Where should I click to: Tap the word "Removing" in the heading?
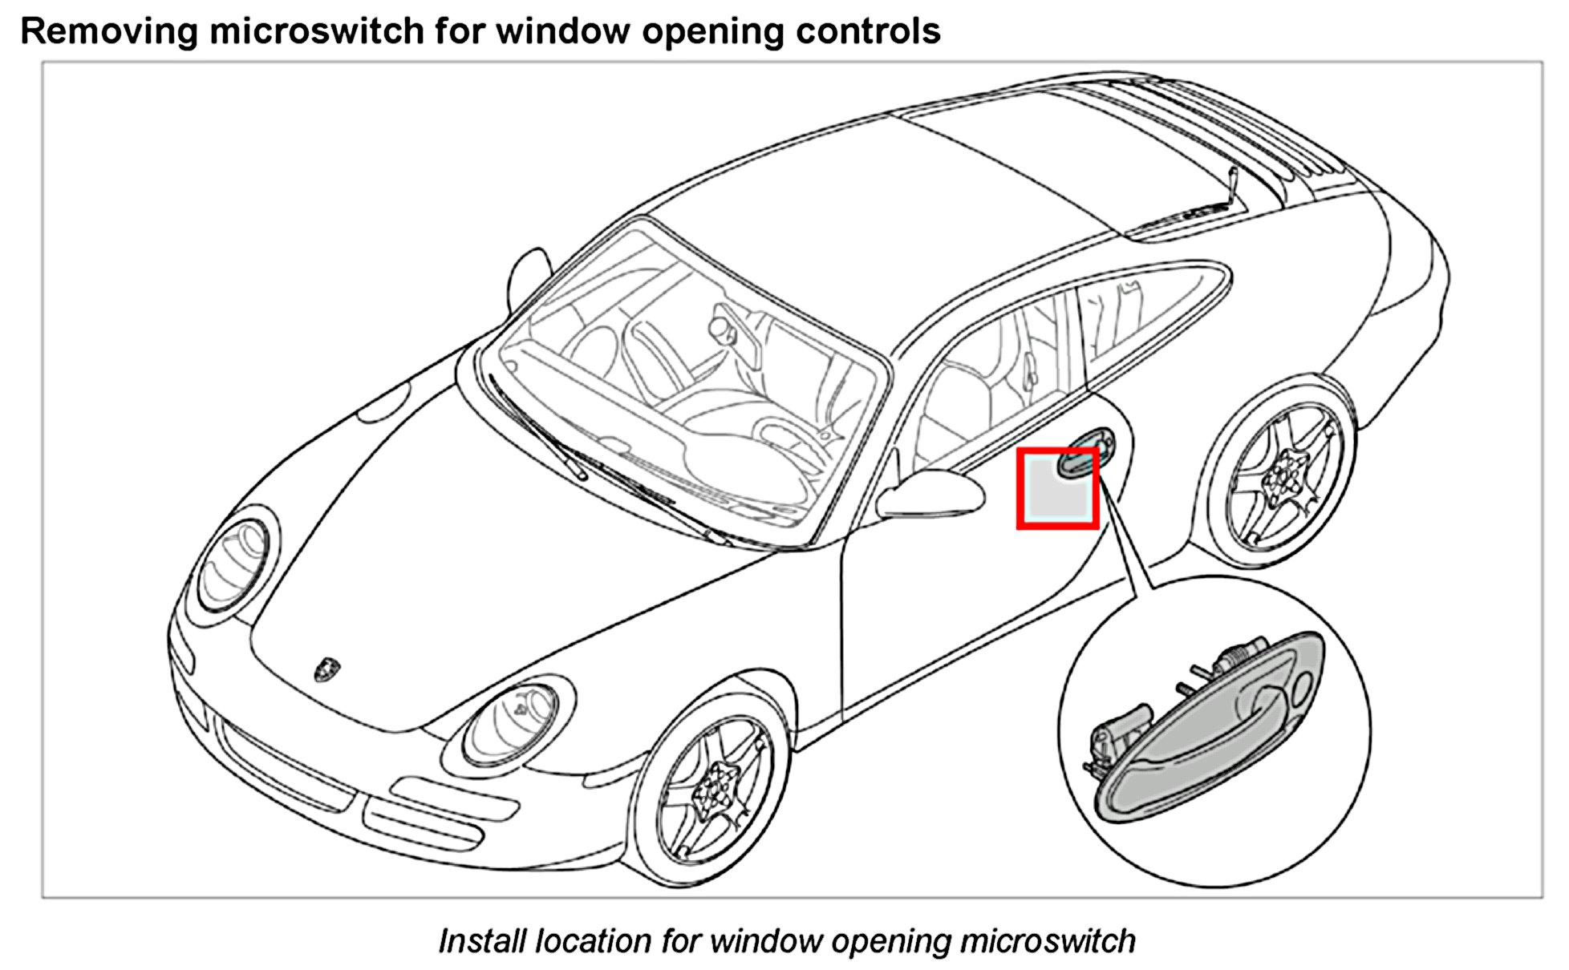pyautogui.click(x=108, y=32)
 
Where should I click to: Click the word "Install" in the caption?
pyautogui.click(x=483, y=940)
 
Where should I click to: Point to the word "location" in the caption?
pyautogui.click(x=592, y=940)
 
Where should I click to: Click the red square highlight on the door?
pyautogui.click(x=1057, y=489)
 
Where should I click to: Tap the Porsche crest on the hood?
pyautogui.click(x=326, y=668)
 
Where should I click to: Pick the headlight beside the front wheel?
pyautogui.click(x=510, y=722)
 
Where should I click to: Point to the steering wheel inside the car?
pyautogui.click(x=791, y=437)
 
